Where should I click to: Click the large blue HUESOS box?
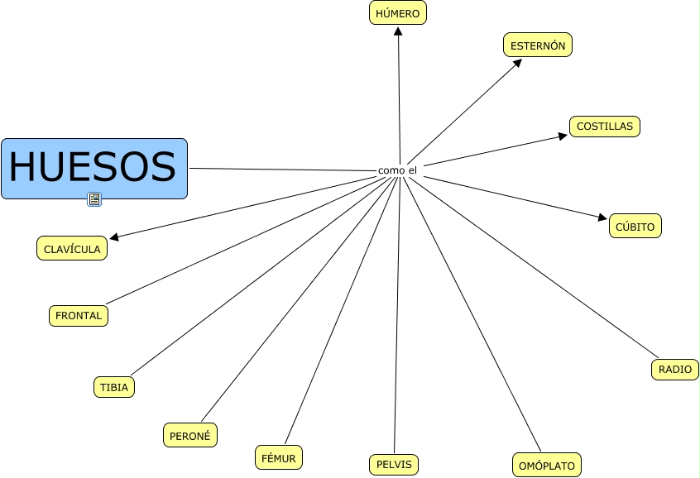coord(94,169)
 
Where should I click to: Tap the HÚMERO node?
coord(398,13)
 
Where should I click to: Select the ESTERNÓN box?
coord(538,45)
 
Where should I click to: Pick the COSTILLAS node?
coord(604,127)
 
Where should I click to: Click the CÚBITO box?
coord(635,227)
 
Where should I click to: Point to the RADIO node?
coord(675,369)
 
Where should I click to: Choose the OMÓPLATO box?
coord(546,466)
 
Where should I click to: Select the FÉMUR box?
coord(278,456)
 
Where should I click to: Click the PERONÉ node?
coord(190,435)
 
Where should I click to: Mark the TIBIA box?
coord(113,387)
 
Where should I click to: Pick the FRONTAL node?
coord(79,315)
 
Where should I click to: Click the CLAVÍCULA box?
coord(72,248)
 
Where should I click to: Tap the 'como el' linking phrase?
coord(397,170)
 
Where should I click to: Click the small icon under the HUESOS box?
coord(94,198)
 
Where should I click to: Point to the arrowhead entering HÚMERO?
coord(398,31)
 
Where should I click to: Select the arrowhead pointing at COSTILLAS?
coord(564,136)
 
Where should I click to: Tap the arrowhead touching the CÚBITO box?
coord(603,218)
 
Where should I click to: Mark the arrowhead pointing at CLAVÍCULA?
coord(114,238)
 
